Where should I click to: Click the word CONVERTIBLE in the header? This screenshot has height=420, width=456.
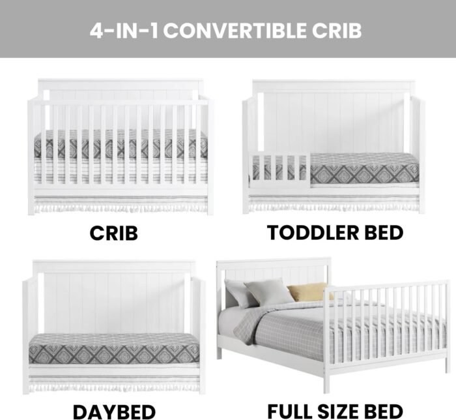point(236,31)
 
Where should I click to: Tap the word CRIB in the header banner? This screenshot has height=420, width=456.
point(337,31)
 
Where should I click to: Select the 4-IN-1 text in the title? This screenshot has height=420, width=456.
point(124,31)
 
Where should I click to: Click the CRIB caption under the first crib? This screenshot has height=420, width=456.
point(113,233)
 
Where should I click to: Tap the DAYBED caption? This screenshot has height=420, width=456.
point(114,412)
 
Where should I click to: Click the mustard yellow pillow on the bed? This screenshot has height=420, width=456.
point(309,292)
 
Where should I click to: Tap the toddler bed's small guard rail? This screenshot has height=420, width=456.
point(279,170)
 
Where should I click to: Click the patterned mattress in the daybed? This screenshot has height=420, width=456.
point(114,348)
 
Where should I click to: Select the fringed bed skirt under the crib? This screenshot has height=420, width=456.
point(121,203)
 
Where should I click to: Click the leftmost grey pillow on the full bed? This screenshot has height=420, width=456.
point(237,293)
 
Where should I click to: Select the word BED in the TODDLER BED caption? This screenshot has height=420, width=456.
point(384,233)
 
